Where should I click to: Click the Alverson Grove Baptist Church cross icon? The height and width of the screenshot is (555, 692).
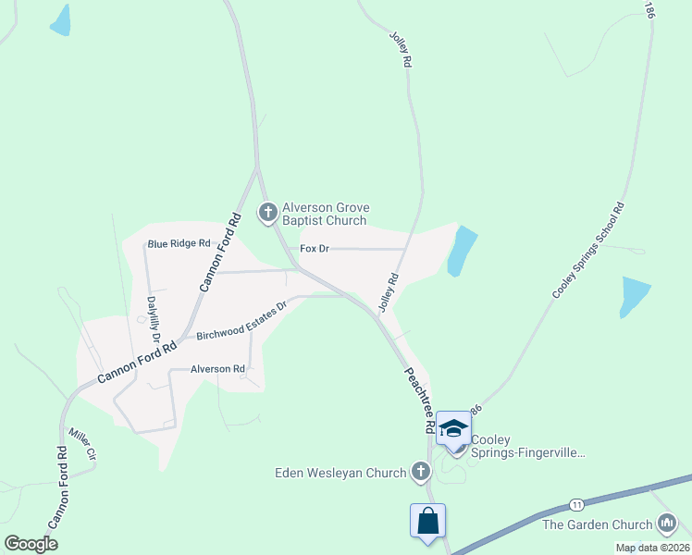pyautogui.click(x=268, y=214)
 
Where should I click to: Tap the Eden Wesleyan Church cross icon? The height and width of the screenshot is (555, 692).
pyautogui.click(x=420, y=473)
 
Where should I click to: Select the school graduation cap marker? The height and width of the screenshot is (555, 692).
pyautogui.click(x=453, y=427)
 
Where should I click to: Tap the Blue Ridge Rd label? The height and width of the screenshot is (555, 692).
pyautogui.click(x=179, y=243)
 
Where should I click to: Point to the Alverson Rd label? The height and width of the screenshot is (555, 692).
pyautogui.click(x=217, y=368)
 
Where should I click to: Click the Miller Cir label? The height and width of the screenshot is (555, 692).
pyautogui.click(x=82, y=443)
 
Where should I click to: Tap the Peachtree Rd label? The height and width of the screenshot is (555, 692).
pyautogui.click(x=418, y=401)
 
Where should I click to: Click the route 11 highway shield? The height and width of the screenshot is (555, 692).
pyautogui.click(x=576, y=504)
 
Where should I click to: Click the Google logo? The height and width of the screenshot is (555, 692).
pyautogui.click(x=31, y=543)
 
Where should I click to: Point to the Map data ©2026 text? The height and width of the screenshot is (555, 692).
pyautogui.click(x=651, y=548)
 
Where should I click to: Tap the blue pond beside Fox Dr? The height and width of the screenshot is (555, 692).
pyautogui.click(x=461, y=251)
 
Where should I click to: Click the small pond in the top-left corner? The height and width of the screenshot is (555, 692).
pyautogui.click(x=60, y=20)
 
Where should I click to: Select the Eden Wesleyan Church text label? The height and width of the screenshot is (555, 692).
pyautogui.click(x=340, y=473)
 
